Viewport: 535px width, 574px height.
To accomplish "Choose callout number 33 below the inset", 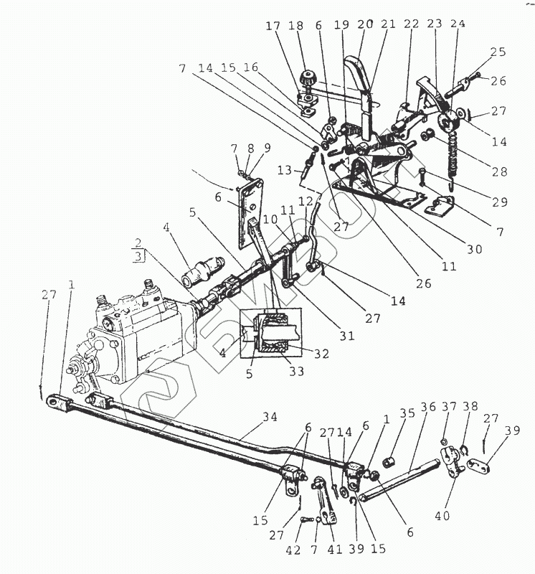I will coord(296,372).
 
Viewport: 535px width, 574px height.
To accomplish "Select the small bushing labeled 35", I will coord(392,459).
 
